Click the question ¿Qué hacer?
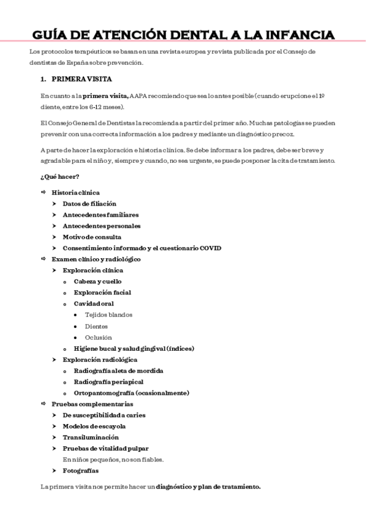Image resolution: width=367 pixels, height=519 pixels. (x=56, y=176)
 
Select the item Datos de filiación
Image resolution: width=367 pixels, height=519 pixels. (x=89, y=204)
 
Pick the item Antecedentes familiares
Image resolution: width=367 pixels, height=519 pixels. (x=100, y=215)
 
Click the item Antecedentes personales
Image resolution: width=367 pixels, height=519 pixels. (x=101, y=226)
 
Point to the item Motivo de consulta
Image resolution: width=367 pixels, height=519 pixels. (x=92, y=237)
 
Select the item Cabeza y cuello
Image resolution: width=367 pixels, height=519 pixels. (x=97, y=282)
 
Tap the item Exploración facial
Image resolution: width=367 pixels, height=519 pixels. (x=102, y=293)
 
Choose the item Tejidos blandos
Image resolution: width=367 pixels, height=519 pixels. (x=108, y=315)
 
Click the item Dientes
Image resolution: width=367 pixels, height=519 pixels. (x=96, y=326)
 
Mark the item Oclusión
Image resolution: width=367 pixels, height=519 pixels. (x=99, y=337)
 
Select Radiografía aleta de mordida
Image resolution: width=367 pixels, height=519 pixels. (x=127, y=371)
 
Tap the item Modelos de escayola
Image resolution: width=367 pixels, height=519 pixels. (x=94, y=426)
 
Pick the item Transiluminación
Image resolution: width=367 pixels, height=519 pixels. (x=91, y=437)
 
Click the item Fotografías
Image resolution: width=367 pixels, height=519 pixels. (x=80, y=471)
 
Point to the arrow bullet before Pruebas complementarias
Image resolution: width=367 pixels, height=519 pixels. (x=43, y=404)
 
